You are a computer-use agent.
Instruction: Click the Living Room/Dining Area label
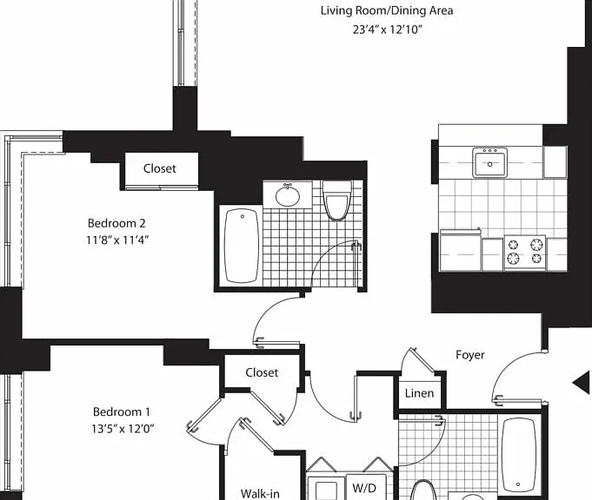tap(387, 11)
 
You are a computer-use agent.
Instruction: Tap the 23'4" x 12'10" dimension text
tap(387, 30)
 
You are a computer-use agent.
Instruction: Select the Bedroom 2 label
tap(116, 223)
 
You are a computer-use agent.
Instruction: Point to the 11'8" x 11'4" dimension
tap(117, 240)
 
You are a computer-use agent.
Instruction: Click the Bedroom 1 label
tap(122, 411)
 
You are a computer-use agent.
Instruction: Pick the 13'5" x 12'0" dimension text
tap(123, 429)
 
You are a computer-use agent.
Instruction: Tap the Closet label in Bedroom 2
tap(159, 168)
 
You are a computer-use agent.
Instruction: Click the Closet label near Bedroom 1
tap(262, 372)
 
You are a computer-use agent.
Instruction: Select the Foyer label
tap(470, 355)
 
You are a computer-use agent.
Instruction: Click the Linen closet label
tap(419, 393)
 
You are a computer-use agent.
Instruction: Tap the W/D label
tap(364, 488)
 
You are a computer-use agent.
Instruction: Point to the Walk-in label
tap(260, 493)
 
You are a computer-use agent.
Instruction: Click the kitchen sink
tap(489, 162)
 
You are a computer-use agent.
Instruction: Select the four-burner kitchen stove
tap(525, 252)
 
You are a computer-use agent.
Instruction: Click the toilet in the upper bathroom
tap(336, 201)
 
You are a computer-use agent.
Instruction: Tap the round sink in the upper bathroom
tap(288, 195)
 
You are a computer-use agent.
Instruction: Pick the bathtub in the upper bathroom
tap(242, 247)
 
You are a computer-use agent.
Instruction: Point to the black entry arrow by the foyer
tap(582, 383)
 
